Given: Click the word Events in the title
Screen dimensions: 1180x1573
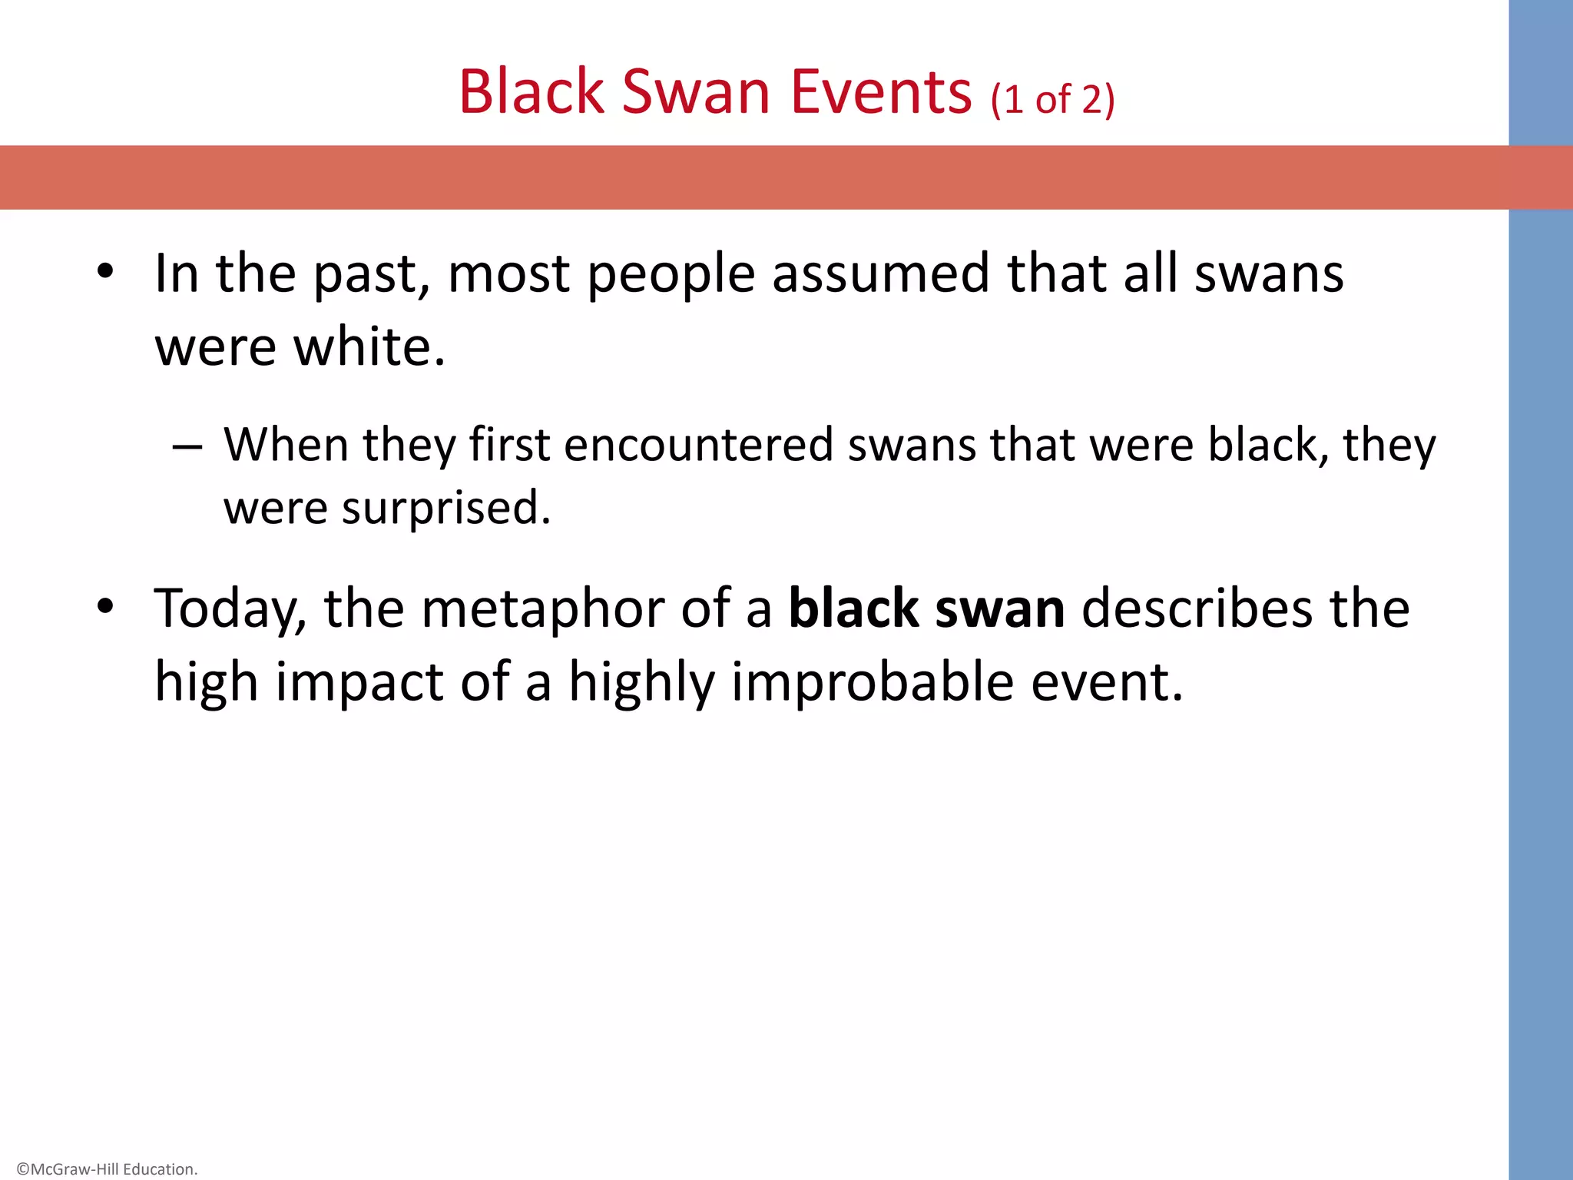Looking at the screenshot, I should (881, 92).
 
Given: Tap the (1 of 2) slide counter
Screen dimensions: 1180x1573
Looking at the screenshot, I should (1052, 100).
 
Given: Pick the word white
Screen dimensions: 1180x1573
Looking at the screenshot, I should (369, 347).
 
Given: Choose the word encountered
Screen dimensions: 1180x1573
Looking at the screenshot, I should (698, 445).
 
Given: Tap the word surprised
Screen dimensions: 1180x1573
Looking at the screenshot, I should (445, 509).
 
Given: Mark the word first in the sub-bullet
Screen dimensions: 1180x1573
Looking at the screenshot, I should (509, 445).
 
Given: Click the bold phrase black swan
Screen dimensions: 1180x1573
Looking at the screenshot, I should (926, 609).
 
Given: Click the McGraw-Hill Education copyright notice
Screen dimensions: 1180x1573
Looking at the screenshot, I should (107, 1169).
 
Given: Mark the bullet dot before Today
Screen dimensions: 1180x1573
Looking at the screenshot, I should (105, 607).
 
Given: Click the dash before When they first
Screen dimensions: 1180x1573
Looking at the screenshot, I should (187, 446).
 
